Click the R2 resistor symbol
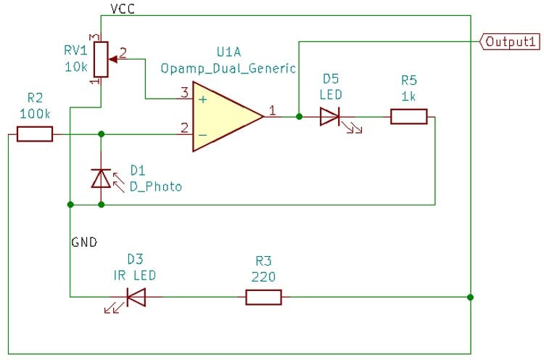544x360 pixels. click(x=35, y=134)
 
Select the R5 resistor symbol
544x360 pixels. click(x=409, y=116)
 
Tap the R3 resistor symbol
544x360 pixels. click(x=263, y=297)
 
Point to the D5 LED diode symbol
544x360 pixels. click(x=330, y=116)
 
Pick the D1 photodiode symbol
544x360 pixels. click(x=101, y=178)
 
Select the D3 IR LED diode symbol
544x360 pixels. click(x=136, y=297)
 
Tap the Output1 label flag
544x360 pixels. click(x=511, y=41)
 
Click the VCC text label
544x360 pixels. click(x=122, y=8)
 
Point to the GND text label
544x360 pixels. click(x=84, y=241)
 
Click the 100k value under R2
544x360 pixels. click(x=35, y=113)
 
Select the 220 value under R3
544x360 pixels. click(x=262, y=277)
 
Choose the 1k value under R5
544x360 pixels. click(x=409, y=95)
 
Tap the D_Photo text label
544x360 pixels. click(x=156, y=187)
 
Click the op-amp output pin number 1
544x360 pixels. click(x=273, y=110)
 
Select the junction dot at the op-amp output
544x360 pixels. click(x=299, y=116)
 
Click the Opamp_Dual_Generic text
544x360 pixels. click(x=228, y=69)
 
